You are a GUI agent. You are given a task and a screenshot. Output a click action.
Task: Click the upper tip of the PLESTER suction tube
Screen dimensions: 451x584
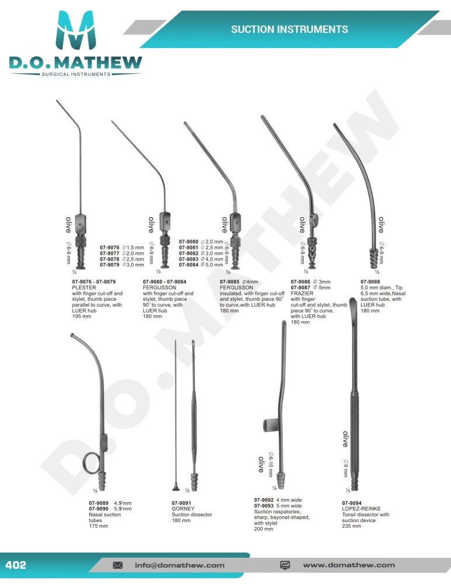point(57,100)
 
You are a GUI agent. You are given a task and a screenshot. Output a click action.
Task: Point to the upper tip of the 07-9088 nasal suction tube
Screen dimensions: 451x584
point(335,124)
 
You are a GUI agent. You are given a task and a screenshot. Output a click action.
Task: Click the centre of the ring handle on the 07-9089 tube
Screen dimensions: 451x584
point(91,463)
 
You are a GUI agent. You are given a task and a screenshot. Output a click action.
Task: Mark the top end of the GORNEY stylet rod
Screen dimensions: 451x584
point(176,340)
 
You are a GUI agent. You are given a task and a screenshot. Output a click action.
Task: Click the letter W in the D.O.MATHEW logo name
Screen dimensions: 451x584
point(131,62)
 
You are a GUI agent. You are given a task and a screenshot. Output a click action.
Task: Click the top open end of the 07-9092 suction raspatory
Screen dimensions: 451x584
point(284,322)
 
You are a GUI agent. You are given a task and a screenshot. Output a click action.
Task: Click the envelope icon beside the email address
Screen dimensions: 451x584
point(118,565)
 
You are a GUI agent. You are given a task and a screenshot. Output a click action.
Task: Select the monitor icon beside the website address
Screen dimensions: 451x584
point(285,565)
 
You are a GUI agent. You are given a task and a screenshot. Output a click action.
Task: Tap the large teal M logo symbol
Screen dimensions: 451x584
point(75,30)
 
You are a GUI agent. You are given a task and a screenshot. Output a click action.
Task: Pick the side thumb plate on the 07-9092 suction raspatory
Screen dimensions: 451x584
point(271,425)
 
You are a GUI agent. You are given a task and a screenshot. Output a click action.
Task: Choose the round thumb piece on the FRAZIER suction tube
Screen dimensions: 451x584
point(314,221)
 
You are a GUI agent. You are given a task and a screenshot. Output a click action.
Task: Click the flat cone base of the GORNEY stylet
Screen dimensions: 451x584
point(176,488)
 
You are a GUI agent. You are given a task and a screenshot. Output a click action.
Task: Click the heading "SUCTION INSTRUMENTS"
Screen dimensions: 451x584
point(290,29)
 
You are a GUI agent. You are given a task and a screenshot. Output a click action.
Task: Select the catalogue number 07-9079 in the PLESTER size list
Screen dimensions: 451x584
point(110,265)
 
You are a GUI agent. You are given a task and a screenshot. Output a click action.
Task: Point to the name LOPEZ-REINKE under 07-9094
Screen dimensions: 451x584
point(361,509)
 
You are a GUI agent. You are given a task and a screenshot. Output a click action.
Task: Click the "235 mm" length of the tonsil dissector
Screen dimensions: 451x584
point(352,526)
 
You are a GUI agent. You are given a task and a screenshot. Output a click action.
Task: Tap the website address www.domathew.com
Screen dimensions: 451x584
point(349,565)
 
